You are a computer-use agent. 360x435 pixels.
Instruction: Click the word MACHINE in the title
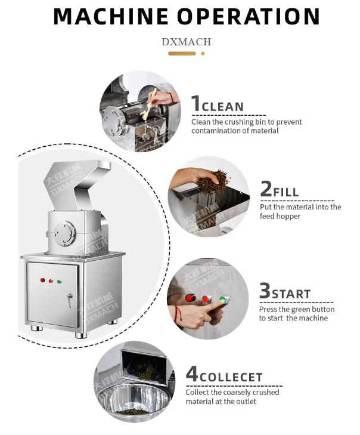(111, 16)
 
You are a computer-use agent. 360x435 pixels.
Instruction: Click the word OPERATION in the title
(249, 16)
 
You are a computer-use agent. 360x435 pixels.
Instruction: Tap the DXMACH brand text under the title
(186, 42)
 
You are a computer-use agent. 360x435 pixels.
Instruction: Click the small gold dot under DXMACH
(203, 54)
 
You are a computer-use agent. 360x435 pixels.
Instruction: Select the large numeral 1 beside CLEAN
(195, 103)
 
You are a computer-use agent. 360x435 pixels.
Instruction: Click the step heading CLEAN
(223, 107)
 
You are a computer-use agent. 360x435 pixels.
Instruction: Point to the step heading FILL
(286, 192)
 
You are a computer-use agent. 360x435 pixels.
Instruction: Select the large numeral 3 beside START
(265, 290)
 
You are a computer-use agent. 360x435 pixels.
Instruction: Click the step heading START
(291, 294)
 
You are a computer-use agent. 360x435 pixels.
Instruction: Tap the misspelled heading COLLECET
(231, 377)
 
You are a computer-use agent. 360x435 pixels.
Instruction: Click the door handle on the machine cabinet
(70, 300)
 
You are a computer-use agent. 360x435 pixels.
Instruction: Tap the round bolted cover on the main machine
(64, 233)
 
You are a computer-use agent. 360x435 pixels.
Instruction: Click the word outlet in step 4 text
(246, 401)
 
